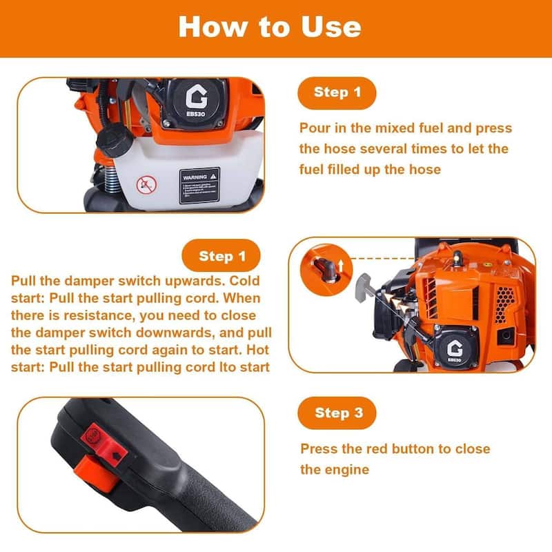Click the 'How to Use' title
(269, 27)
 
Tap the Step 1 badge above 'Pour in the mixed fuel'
(337, 92)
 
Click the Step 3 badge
(337, 413)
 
